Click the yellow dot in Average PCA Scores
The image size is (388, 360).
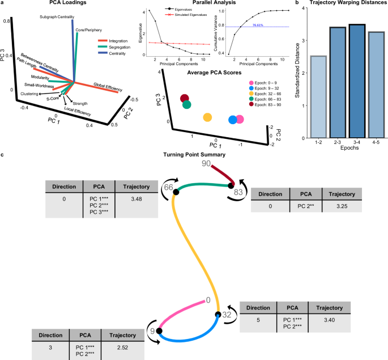pos(207,117)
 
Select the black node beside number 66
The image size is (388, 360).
pos(177,193)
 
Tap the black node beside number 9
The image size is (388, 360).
pos(160,331)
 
